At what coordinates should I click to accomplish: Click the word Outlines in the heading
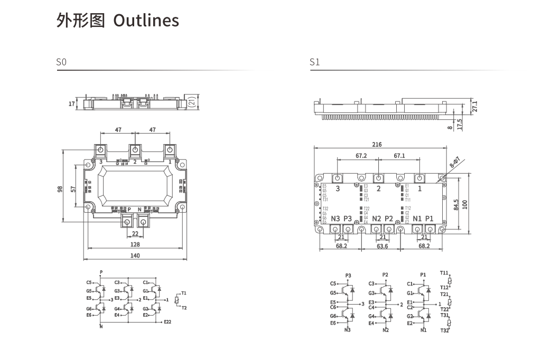tap(146, 21)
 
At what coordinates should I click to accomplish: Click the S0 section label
tap(61, 62)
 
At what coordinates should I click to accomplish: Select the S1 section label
tap(314, 62)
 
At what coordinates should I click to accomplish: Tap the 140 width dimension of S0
tap(135, 255)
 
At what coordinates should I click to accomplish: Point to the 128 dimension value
tap(135, 244)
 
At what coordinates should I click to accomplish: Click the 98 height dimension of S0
tap(60, 188)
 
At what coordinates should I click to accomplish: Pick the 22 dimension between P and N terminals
tap(135, 234)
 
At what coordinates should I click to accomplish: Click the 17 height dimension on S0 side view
tap(72, 104)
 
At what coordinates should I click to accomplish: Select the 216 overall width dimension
tap(377, 144)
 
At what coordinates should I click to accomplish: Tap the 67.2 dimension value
tap(361, 156)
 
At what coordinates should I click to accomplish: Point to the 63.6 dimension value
tap(382, 246)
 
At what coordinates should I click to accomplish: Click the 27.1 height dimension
tap(475, 106)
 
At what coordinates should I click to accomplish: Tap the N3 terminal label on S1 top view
tap(335, 219)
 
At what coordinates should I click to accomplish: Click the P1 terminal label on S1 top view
tap(429, 219)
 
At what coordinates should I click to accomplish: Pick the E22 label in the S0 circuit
tap(167, 321)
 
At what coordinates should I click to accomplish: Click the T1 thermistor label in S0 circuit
tap(184, 292)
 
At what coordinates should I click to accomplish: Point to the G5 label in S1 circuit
tap(333, 293)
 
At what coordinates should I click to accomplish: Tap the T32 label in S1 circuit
tap(444, 330)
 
